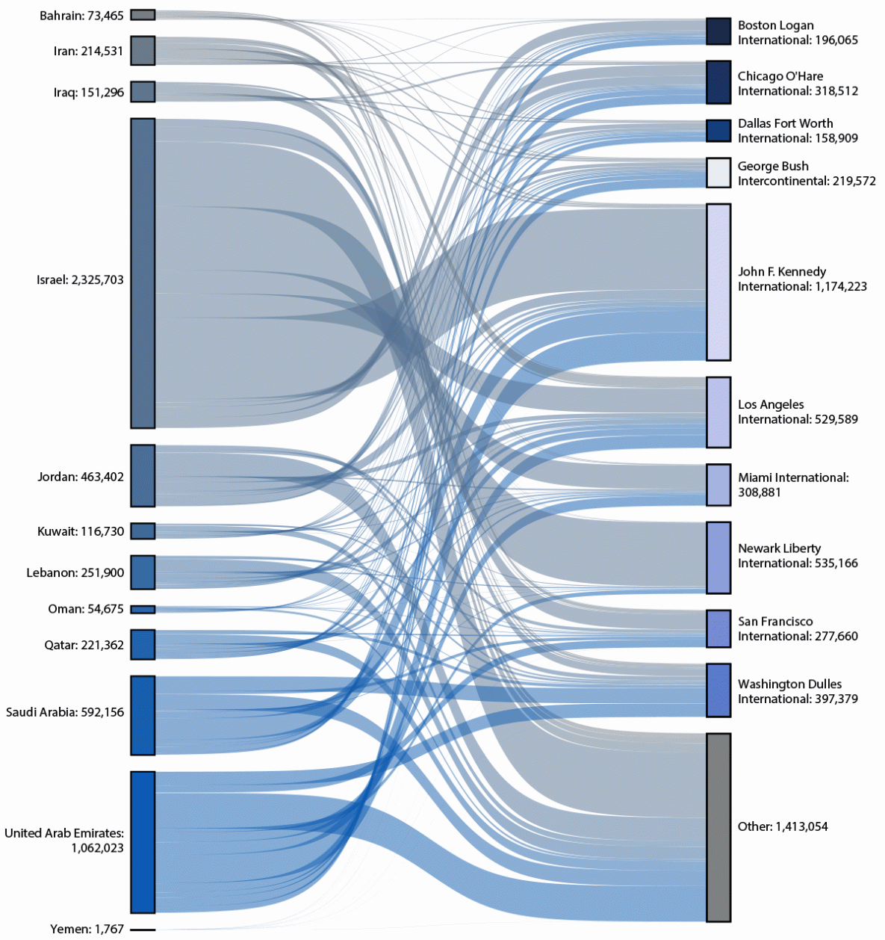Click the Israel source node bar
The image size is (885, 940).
coord(143,273)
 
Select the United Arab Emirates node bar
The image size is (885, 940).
coord(143,842)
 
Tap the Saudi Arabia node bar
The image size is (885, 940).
coord(143,715)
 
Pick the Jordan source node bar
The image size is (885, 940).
coord(143,476)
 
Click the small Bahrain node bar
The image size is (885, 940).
coord(143,15)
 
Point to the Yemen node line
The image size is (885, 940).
coord(143,930)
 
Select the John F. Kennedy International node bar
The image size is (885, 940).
coord(718,282)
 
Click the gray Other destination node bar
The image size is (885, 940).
coord(718,827)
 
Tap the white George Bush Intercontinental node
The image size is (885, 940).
coord(718,173)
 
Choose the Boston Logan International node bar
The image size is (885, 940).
coord(718,31)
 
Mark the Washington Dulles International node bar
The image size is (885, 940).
coord(718,690)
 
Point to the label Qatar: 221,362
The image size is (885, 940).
coord(84,645)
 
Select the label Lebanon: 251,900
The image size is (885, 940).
coord(75,573)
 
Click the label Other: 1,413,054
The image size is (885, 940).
coord(783,826)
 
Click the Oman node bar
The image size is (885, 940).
coord(143,610)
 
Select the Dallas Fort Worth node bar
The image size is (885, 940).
coord(718,131)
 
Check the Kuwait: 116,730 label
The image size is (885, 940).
coord(81,531)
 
